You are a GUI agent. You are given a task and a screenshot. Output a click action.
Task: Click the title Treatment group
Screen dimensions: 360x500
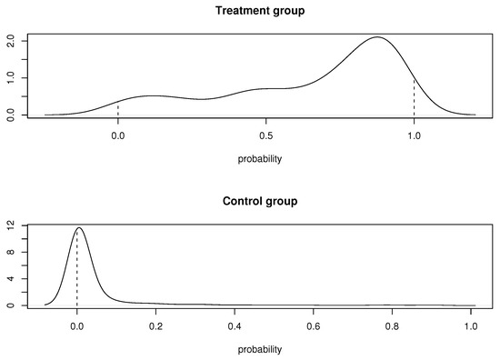(x=260, y=11)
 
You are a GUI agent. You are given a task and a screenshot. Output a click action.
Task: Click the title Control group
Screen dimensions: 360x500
(x=260, y=200)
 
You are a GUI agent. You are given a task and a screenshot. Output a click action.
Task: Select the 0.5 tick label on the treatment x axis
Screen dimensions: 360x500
(x=265, y=135)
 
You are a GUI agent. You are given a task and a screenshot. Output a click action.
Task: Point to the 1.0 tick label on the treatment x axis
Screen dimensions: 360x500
(x=414, y=135)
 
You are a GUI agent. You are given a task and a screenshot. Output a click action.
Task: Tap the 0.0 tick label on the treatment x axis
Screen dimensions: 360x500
(x=117, y=135)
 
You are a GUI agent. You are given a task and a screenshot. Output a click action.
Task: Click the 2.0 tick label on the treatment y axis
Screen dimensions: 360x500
(x=10, y=42)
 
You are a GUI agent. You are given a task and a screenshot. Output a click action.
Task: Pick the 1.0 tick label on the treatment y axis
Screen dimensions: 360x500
(x=10, y=78)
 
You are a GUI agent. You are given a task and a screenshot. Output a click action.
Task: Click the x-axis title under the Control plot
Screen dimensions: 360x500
(x=260, y=348)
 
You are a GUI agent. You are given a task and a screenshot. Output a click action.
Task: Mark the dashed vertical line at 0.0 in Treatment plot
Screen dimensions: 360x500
(x=117, y=108)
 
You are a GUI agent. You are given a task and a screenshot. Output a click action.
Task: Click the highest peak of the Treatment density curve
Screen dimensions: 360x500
(x=376, y=37)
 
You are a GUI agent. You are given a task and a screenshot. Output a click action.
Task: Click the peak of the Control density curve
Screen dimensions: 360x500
(x=79, y=227)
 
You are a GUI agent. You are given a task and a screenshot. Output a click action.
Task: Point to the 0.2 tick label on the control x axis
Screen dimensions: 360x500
(x=155, y=325)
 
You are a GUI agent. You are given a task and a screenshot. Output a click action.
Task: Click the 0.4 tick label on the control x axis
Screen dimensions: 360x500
(x=235, y=325)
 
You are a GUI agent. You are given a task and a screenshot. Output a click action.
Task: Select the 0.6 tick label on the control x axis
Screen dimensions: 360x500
(x=314, y=325)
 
